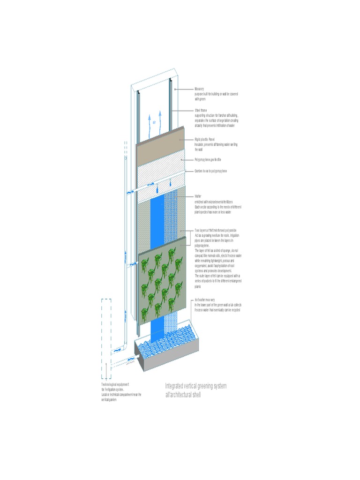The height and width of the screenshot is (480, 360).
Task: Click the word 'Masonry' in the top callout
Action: click(199, 89)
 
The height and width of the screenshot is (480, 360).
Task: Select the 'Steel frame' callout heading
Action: click(201, 111)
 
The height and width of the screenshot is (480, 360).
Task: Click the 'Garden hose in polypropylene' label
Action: click(210, 171)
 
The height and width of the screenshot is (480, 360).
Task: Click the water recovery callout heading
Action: click(205, 300)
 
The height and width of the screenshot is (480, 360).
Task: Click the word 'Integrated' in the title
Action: click(174, 386)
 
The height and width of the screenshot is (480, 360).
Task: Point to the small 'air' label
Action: click(153, 121)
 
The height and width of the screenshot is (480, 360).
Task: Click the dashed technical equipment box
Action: click(106, 337)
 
